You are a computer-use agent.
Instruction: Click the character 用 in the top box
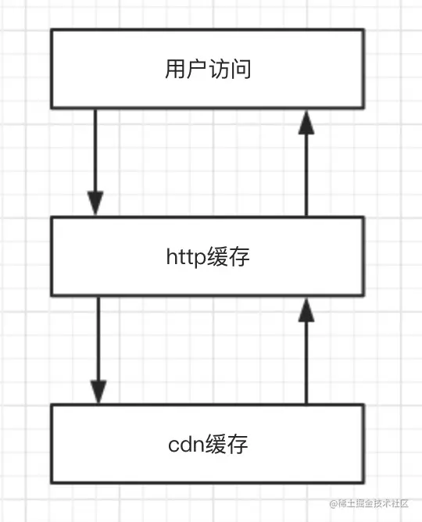tap(175, 69)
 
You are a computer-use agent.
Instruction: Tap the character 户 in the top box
tap(197, 69)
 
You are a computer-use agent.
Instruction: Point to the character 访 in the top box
tap(219, 69)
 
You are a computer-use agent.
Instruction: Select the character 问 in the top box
tap(240, 69)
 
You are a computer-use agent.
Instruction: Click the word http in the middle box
tap(186, 257)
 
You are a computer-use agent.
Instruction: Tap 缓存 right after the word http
tap(228, 256)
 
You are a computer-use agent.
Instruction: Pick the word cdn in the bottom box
tap(186, 444)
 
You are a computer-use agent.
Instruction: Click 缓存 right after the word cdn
tap(227, 444)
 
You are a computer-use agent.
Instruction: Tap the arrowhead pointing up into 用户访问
tap(306, 123)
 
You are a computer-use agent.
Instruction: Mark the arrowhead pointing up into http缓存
tap(306, 310)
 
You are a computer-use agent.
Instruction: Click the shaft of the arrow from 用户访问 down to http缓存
tap(95, 151)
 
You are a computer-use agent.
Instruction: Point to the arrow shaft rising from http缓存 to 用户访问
tap(306, 175)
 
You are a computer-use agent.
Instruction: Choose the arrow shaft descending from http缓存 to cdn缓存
tap(98, 338)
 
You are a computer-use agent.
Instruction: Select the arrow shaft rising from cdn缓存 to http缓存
tap(306, 363)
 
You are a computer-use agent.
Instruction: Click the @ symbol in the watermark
tap(333, 504)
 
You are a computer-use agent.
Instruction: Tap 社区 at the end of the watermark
tap(400, 503)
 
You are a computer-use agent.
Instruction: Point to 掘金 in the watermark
tap(364, 503)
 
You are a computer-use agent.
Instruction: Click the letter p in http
tap(200, 259)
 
